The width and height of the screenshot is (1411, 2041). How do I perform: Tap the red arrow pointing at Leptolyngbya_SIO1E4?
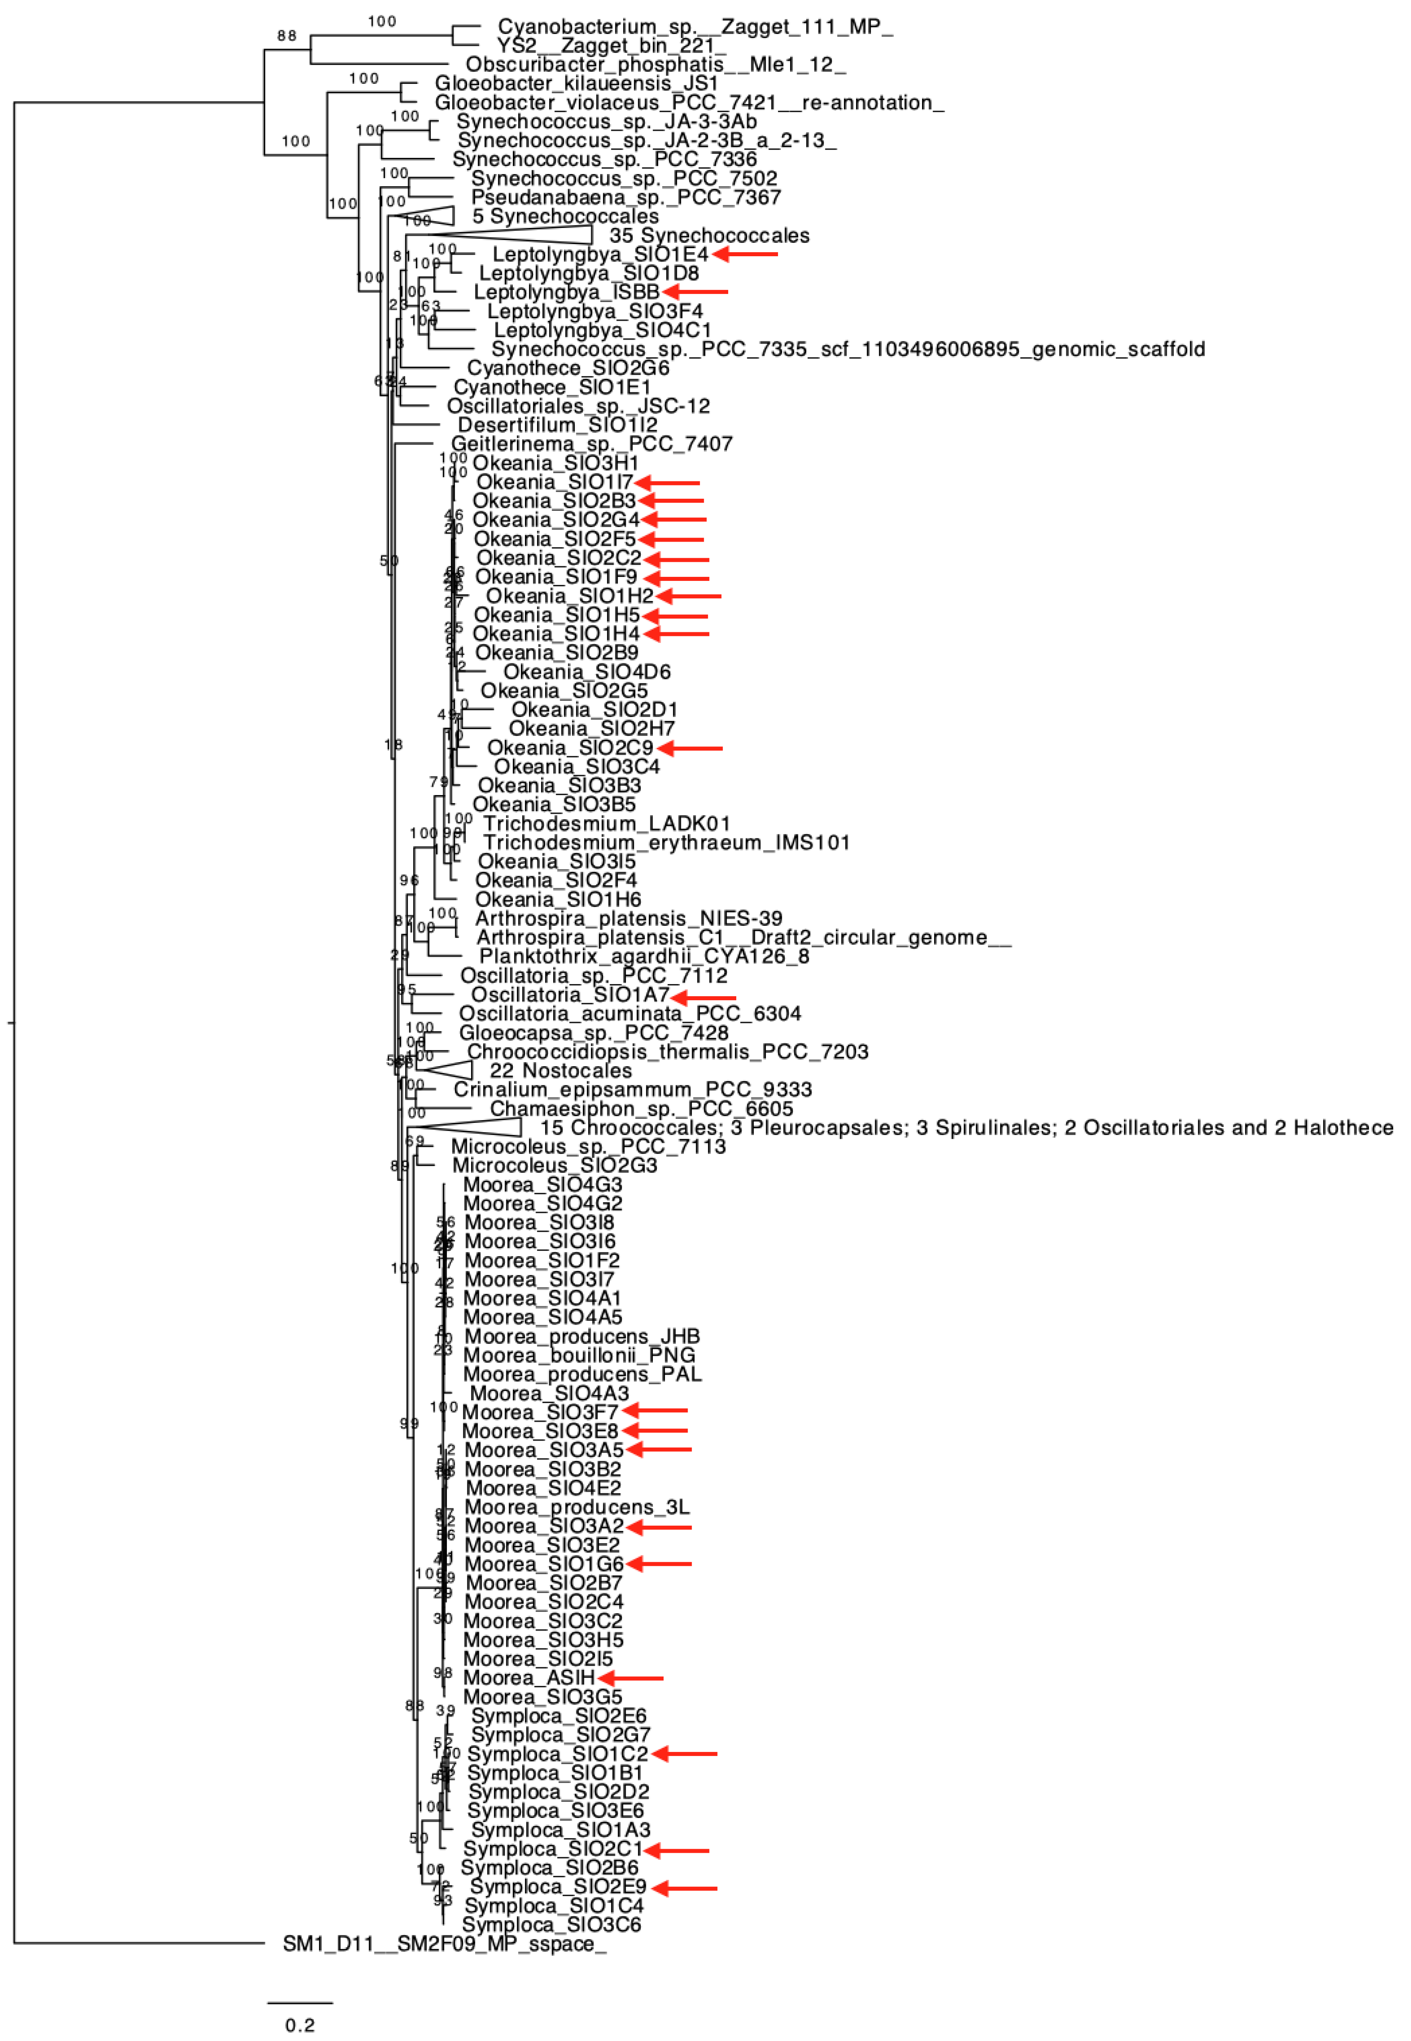click(744, 255)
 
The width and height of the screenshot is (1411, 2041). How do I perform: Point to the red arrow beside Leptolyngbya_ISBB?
click(695, 292)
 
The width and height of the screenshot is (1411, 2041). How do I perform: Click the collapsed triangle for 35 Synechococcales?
click(531, 234)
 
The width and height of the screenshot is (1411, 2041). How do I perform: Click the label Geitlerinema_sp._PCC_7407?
click(591, 444)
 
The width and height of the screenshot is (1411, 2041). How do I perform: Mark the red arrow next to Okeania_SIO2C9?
click(690, 748)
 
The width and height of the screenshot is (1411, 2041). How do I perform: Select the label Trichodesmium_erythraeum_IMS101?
click(666, 842)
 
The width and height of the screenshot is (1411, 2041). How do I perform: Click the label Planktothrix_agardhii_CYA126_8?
click(644, 957)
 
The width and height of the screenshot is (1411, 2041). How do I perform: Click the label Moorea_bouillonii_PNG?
click(579, 1355)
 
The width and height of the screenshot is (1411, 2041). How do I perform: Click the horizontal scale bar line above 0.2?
click(300, 2002)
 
